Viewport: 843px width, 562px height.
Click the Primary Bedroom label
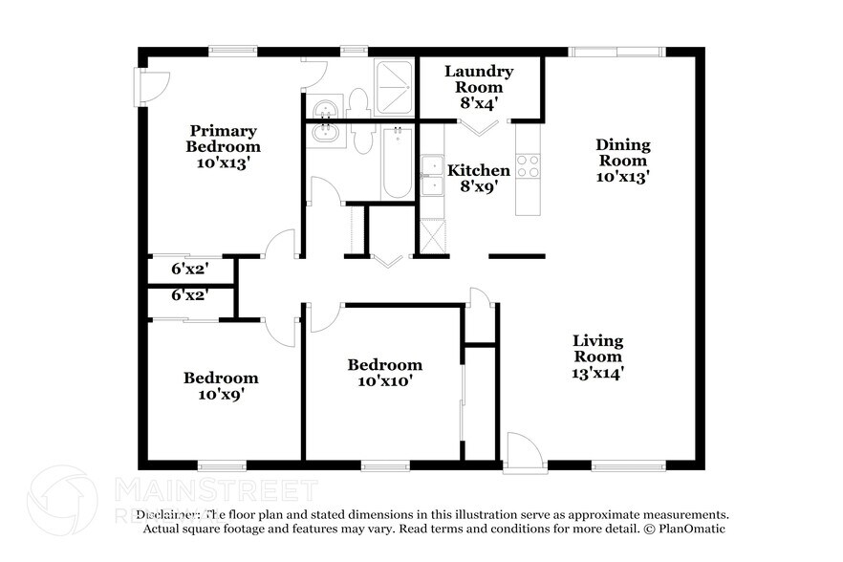pyautogui.click(x=223, y=146)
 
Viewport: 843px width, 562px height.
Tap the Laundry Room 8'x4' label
pyautogui.click(x=479, y=87)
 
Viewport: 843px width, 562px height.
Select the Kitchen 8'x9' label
pyautogui.click(x=479, y=179)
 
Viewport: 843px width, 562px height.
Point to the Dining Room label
pyautogui.click(x=623, y=161)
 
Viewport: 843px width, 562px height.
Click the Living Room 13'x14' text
pyautogui.click(x=597, y=357)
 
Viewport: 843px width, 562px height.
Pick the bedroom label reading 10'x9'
pyautogui.click(x=221, y=385)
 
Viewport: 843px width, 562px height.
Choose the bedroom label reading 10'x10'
pyautogui.click(x=384, y=373)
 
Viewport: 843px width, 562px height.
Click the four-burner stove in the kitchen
pyautogui.click(x=528, y=166)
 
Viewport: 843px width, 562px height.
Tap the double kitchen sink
pyautogui.click(x=432, y=174)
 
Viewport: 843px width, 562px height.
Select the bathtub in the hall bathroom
pyautogui.click(x=397, y=162)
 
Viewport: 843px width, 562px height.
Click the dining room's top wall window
pyautogui.click(x=616, y=52)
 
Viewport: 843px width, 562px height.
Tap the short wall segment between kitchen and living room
pyautogui.click(x=516, y=256)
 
